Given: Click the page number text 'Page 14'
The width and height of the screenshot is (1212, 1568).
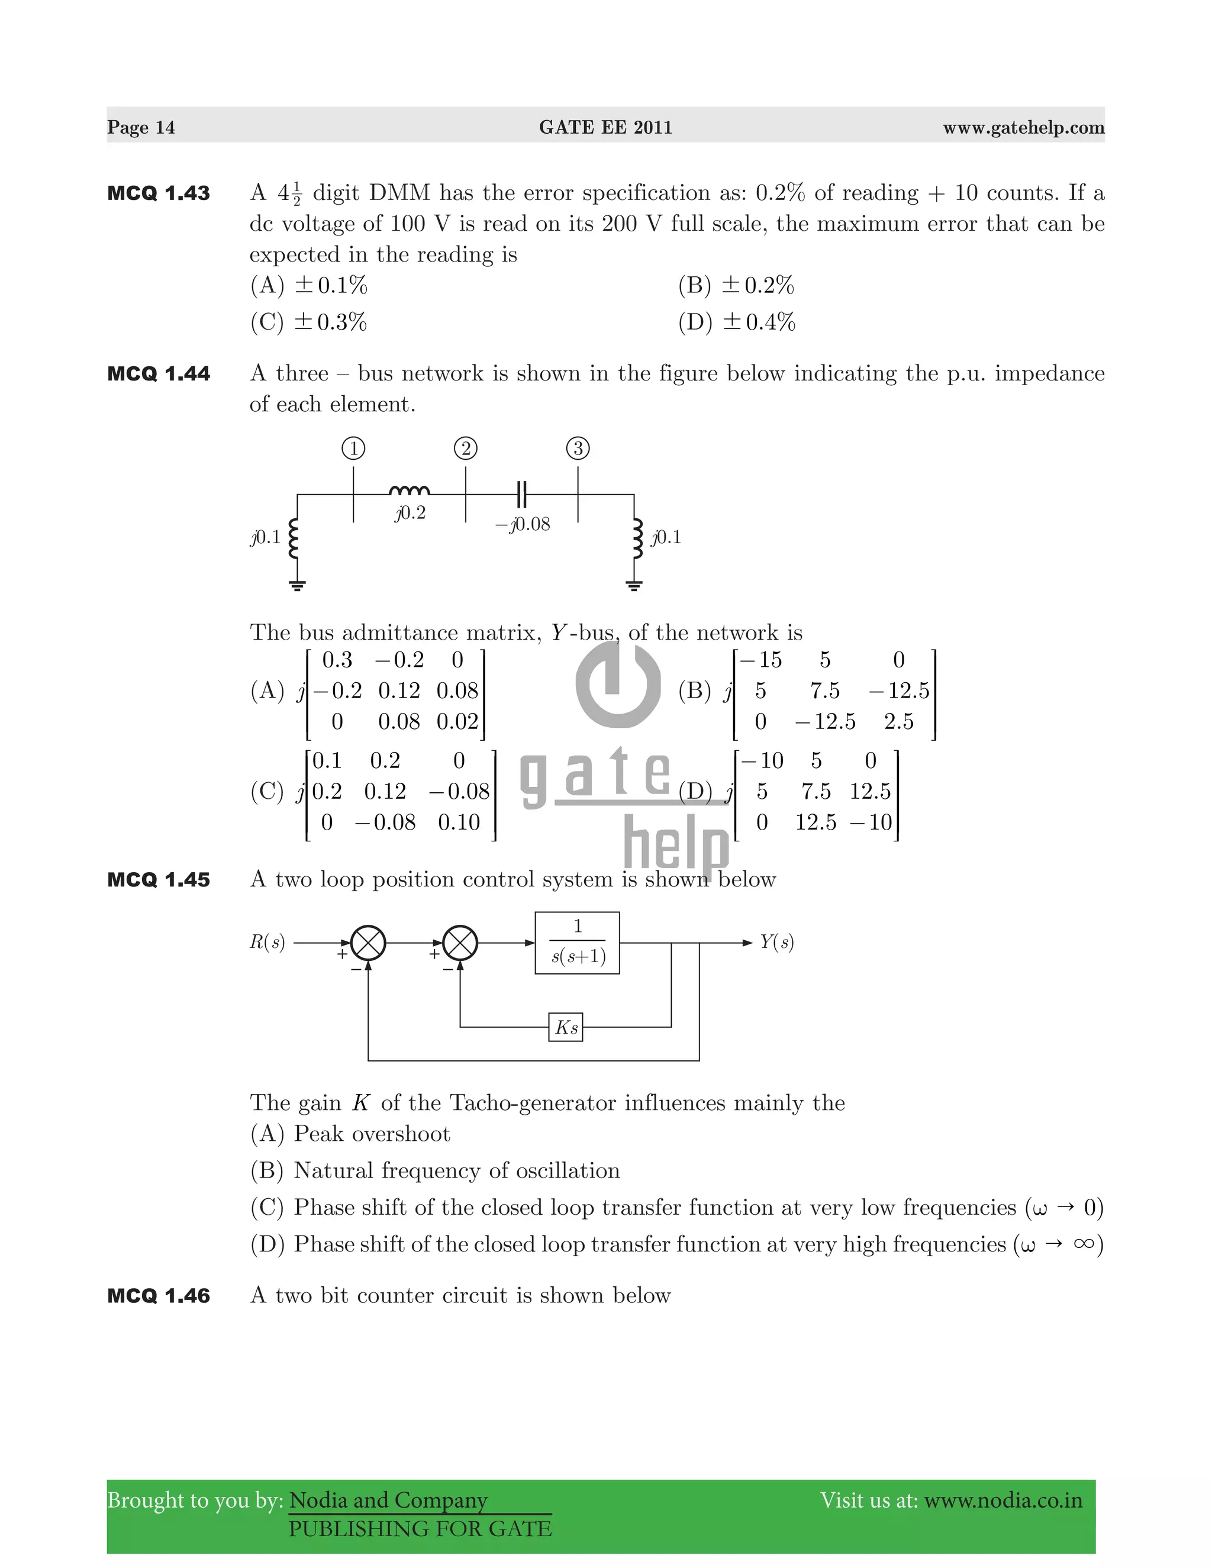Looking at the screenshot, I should (141, 127).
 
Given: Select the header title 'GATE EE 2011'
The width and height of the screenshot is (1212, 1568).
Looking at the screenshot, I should (605, 127).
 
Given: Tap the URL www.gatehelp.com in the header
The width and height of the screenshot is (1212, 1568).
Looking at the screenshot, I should (1023, 127).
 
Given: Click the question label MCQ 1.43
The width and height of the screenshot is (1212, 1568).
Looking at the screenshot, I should (159, 193).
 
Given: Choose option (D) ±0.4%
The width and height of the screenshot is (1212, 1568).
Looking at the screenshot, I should (737, 322).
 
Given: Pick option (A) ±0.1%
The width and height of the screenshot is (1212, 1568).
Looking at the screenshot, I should (309, 286).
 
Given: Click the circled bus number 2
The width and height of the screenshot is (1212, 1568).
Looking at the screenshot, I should (465, 449).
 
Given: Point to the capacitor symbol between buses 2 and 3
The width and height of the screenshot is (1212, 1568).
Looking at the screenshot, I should (522, 494).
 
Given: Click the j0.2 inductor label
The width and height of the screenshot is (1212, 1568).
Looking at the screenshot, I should (410, 512).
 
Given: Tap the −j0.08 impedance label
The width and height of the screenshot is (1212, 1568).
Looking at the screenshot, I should (523, 524).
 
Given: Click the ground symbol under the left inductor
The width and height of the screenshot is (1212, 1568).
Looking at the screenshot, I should (297, 585).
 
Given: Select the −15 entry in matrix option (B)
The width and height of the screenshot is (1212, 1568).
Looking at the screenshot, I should (760, 660).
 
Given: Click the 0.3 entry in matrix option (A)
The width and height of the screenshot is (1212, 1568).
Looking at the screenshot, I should (337, 660).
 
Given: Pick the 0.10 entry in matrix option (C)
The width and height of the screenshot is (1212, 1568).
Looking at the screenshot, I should (459, 822).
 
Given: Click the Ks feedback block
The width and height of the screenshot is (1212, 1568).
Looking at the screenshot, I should (566, 1027).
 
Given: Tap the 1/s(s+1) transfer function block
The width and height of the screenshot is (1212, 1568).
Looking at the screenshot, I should (577, 943).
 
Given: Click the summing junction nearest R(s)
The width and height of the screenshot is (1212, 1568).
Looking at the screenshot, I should (368, 943).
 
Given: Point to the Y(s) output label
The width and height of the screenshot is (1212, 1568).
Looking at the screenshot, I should (777, 942).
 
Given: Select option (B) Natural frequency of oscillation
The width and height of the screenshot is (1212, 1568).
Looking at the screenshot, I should (435, 1171).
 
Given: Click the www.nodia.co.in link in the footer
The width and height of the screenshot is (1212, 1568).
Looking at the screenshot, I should (1003, 1501).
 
